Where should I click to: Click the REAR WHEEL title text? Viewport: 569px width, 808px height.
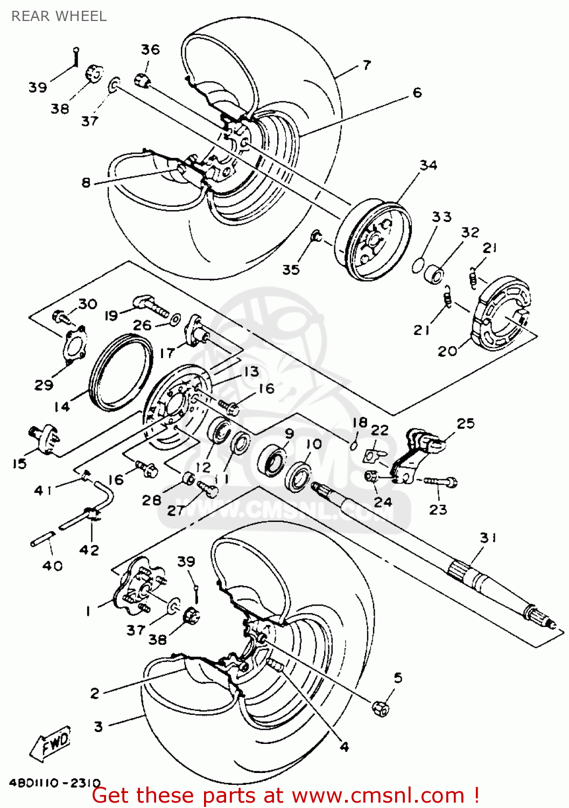click(x=59, y=16)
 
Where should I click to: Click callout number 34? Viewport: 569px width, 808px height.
click(x=428, y=165)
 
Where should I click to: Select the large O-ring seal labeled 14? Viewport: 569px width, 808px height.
click(x=121, y=373)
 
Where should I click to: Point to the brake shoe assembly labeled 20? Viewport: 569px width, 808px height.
click(x=501, y=312)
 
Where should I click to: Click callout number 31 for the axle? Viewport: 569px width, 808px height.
click(x=488, y=538)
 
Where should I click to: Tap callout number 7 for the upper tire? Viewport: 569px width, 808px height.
click(x=367, y=65)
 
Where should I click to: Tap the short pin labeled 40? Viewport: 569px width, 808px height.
click(x=43, y=539)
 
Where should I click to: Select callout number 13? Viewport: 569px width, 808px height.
click(x=251, y=372)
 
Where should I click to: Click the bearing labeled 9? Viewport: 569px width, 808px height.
click(x=272, y=458)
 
